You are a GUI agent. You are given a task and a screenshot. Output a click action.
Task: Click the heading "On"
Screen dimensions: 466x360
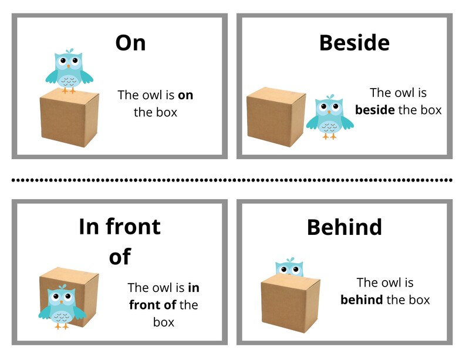[130, 42]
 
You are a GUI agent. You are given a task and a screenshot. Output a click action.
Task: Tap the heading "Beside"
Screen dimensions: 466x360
[354, 42]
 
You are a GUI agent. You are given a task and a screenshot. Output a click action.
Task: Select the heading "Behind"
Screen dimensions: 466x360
[344, 227]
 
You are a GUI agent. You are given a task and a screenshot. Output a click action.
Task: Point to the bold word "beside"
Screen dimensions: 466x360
[374, 110]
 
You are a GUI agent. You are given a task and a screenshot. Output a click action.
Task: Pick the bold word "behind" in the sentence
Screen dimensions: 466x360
[361, 300]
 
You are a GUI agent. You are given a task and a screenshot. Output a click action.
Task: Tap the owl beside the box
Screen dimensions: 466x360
[329, 117]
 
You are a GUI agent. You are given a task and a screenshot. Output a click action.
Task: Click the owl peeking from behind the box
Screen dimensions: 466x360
[288, 268]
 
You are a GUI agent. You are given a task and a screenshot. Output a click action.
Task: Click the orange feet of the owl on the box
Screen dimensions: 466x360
[69, 90]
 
